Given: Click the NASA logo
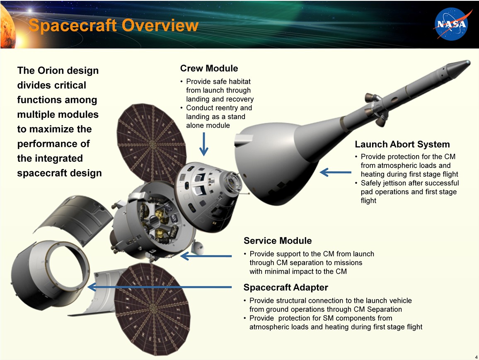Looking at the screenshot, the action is point(451,24).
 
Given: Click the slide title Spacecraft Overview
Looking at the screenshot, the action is point(114,25).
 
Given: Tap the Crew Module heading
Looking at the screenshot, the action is point(209,68).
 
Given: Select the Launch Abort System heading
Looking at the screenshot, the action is point(402,144).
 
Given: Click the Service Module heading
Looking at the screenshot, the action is point(278,241).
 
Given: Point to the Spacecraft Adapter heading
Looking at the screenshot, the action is point(285,287).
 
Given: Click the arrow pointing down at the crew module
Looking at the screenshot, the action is point(204,144).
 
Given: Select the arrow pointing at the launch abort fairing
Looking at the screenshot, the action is point(335,172).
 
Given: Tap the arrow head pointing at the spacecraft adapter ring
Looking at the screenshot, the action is point(92,287).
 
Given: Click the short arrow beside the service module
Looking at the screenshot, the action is point(206,256).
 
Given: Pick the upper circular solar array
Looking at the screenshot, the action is point(152,143).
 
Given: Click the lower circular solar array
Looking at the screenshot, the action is point(152,309).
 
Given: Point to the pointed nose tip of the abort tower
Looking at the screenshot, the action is point(469,62).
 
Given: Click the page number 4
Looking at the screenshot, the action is point(476,357).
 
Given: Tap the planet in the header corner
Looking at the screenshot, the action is point(7,27).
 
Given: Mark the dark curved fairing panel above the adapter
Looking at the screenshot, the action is point(73,219).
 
